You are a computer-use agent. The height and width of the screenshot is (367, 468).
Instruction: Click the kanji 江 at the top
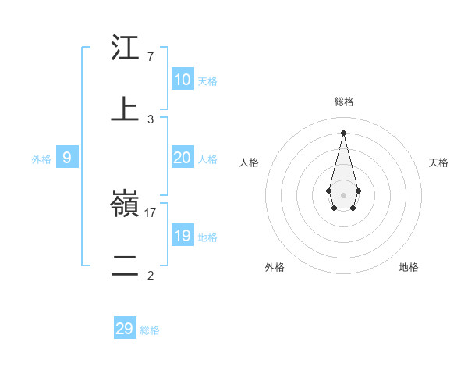(125, 49)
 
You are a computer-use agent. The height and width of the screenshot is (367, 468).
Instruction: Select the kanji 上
(125, 110)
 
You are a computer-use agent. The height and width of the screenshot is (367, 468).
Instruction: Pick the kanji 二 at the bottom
(125, 265)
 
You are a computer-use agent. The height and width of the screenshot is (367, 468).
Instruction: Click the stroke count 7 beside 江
(151, 57)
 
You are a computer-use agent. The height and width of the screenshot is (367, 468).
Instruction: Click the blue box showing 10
(183, 80)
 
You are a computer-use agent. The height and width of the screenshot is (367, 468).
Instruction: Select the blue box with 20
(183, 158)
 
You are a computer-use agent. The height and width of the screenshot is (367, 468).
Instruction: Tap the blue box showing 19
(183, 236)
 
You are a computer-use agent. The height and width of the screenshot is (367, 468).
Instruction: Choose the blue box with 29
(125, 329)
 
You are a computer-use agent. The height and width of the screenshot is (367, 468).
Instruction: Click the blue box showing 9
(67, 158)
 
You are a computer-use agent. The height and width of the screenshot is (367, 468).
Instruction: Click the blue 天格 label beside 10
(207, 80)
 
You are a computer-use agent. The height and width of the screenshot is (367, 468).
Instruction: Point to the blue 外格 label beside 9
(41, 159)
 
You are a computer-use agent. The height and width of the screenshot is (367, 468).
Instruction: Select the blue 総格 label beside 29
(150, 330)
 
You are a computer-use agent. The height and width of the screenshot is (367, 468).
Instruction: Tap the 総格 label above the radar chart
(344, 102)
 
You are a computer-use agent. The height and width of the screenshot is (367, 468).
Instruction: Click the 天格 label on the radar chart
(438, 162)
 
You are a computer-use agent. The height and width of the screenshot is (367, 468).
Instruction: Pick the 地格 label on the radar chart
(409, 267)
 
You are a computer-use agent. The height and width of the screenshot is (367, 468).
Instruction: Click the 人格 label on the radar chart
(250, 162)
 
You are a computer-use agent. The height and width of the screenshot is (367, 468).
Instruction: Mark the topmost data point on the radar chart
(344, 132)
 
